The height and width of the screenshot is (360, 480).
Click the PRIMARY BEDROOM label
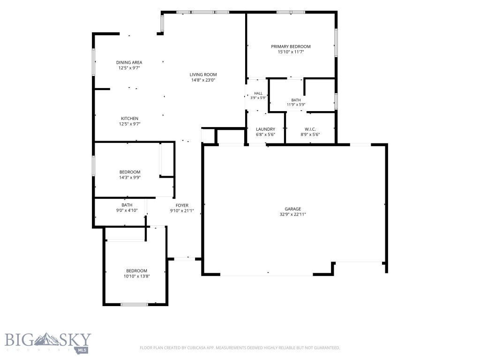pos(291,46)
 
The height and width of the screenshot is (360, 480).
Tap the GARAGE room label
pos(292,209)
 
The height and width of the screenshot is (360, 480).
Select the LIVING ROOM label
pos(203,75)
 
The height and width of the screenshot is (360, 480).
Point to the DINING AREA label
pos(129,62)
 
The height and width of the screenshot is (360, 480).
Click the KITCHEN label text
pos(129,119)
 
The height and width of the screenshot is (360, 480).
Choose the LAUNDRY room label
pos(265,129)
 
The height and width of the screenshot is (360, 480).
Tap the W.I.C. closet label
pos(310,129)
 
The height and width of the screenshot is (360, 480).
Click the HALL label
pos(258,93)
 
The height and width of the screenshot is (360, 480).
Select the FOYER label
pos(182,205)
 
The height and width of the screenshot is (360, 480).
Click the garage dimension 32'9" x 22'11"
pos(292,214)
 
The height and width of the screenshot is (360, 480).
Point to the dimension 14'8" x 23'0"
pos(203,80)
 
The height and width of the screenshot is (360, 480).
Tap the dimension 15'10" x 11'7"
pos(291,52)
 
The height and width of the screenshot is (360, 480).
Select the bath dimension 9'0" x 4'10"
pos(127,210)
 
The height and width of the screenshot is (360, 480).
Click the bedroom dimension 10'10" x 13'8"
pos(136,276)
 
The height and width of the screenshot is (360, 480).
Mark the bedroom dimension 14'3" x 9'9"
pos(130,177)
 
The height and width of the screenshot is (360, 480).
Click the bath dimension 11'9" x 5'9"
pos(296,105)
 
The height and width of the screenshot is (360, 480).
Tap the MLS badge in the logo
pos(82,350)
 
